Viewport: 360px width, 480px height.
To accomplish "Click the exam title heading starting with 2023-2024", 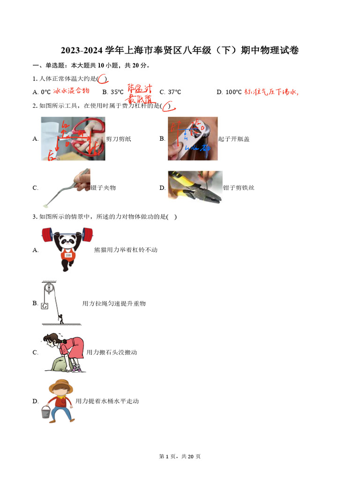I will point(180,51).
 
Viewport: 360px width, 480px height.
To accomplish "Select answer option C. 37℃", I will point(170,92).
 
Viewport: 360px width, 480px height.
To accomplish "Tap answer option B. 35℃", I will point(113,92).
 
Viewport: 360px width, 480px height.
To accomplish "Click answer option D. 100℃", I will point(229,92).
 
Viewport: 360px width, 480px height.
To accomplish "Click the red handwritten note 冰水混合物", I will point(71,91).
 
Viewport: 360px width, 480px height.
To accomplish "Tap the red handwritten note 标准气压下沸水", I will point(271,92).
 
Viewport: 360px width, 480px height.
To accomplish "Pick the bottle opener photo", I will point(193,139).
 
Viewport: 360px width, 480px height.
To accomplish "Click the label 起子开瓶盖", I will point(234,139).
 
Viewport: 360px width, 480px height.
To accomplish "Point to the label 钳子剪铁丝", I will point(239,188).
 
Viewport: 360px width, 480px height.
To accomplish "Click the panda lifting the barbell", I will point(67,248).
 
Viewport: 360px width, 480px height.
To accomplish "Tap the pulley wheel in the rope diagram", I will point(47,287).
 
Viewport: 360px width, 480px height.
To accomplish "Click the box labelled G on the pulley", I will point(45,306).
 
